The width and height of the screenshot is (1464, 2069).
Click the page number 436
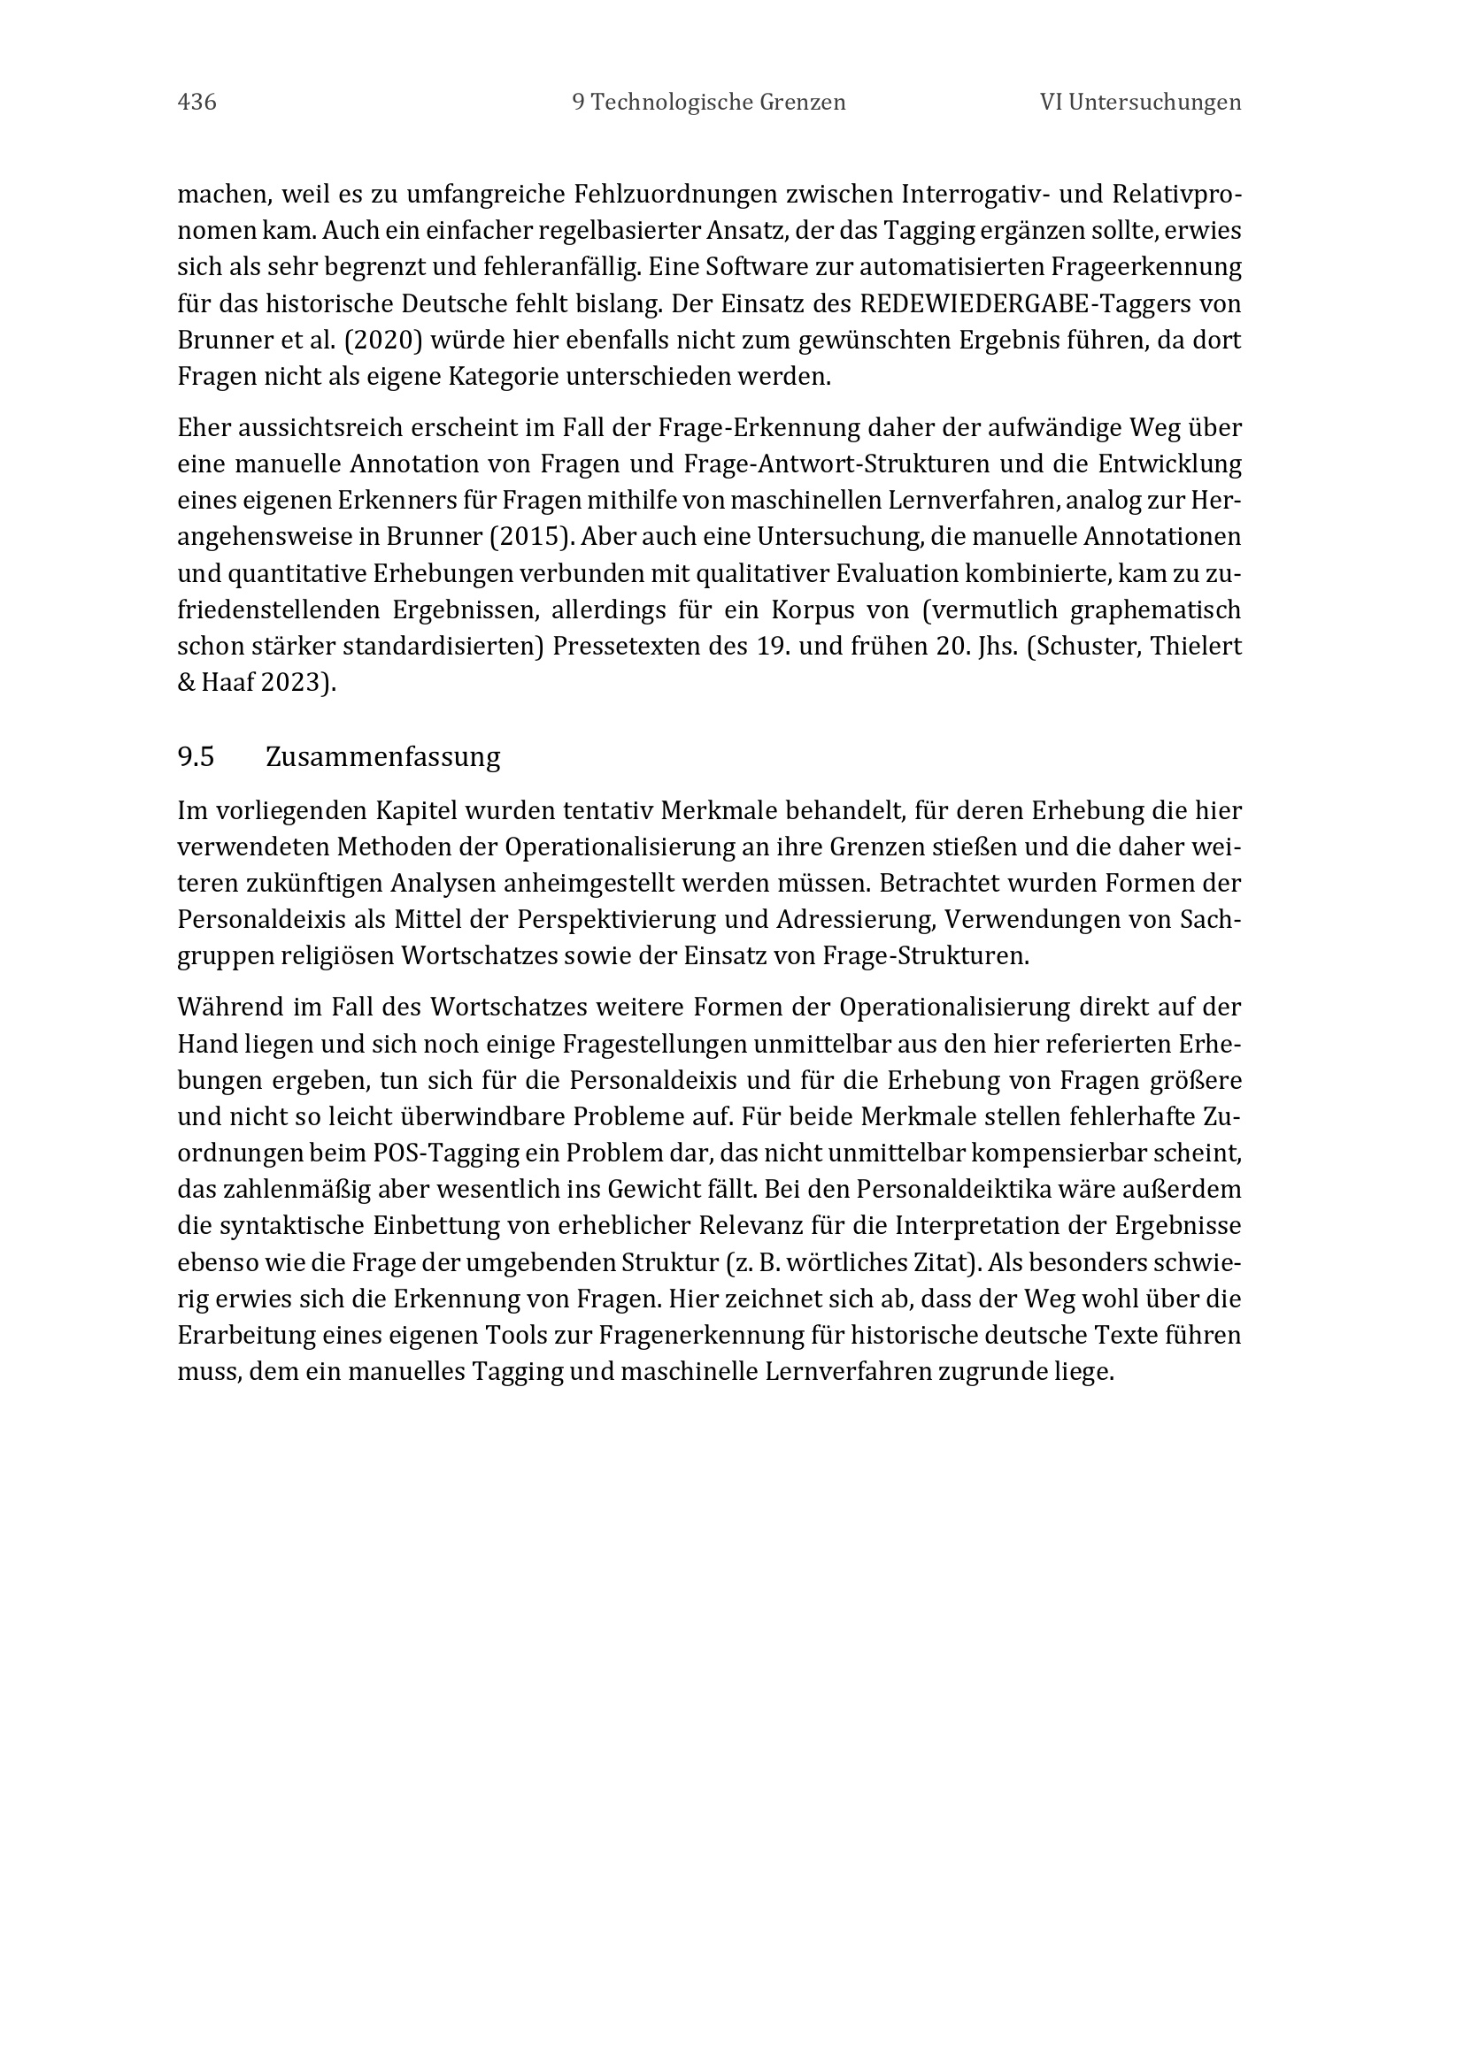coord(196,103)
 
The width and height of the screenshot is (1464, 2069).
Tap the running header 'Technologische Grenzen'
coord(719,103)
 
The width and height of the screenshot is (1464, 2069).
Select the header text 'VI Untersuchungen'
coord(1140,103)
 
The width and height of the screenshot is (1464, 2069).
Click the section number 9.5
coord(196,757)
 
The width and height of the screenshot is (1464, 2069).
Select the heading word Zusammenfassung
coord(383,757)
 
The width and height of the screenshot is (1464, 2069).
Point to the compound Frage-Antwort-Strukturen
coord(817,464)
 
